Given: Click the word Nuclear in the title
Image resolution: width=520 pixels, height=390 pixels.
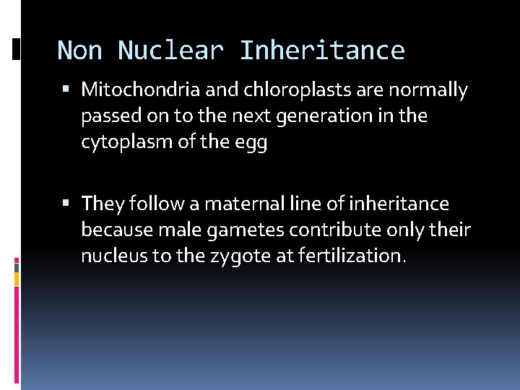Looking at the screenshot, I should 170,51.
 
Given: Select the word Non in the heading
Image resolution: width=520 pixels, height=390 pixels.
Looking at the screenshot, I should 79,51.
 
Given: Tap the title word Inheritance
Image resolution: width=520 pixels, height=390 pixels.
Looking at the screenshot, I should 321,51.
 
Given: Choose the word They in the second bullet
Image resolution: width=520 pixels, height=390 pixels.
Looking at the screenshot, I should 103,204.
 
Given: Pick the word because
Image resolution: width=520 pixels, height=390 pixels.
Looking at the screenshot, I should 116,230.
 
